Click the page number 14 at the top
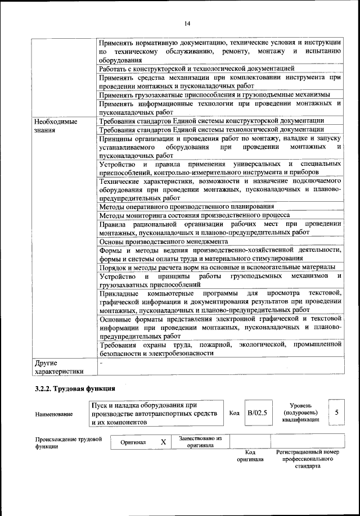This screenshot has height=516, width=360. click(187, 23)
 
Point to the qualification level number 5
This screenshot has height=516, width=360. click(336, 413)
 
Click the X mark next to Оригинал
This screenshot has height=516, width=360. click(163, 442)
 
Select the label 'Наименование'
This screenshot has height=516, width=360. click(53, 414)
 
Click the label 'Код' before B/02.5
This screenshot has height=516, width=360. click(235, 413)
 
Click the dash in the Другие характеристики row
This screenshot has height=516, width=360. click(101, 363)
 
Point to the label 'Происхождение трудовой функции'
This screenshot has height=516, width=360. click(68, 442)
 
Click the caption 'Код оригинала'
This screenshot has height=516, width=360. click(250, 455)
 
